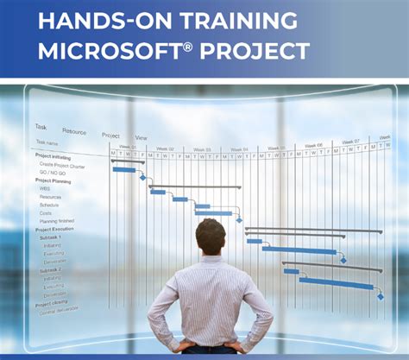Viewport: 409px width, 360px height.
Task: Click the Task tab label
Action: click(41, 127)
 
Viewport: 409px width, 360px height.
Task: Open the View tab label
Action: click(141, 137)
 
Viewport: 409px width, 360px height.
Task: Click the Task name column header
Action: click(47, 143)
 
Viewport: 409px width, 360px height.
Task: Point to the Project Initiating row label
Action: click(53, 156)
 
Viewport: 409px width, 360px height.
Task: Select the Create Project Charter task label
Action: click(63, 165)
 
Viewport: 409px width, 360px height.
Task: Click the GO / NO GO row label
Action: click(54, 173)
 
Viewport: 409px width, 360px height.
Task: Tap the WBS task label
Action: click(45, 189)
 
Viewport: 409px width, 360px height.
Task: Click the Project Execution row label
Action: click(54, 230)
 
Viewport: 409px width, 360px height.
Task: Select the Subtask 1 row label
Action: click(49, 237)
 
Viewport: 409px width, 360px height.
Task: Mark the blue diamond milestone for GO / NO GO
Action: click(142, 177)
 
